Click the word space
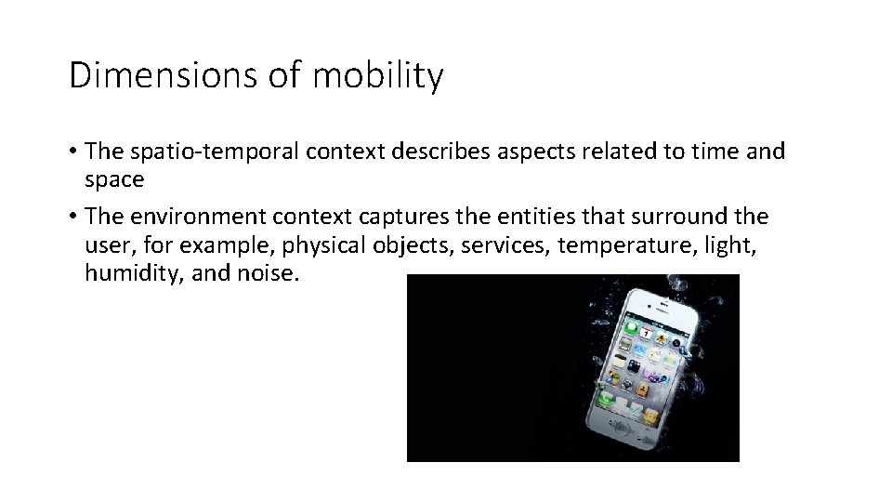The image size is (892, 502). (x=113, y=178)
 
